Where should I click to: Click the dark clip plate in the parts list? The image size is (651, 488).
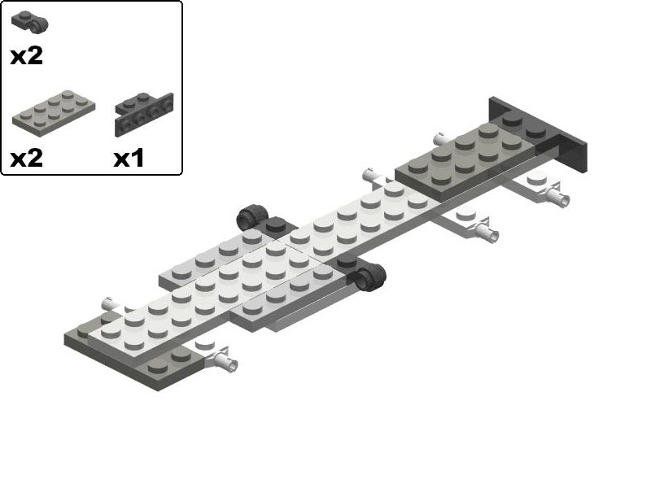pyautogui.click(x=30, y=23)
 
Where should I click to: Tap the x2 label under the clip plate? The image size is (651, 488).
pyautogui.click(x=26, y=57)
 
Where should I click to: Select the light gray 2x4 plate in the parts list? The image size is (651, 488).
pyautogui.click(x=54, y=111)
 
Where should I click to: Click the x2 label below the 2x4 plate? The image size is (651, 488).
pyautogui.click(x=26, y=158)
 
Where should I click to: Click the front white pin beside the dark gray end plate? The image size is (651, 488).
pyautogui.click(x=223, y=360)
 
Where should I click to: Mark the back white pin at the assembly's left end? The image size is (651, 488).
pyautogui.click(x=109, y=303)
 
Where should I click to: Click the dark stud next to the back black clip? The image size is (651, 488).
pyautogui.click(x=276, y=225)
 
